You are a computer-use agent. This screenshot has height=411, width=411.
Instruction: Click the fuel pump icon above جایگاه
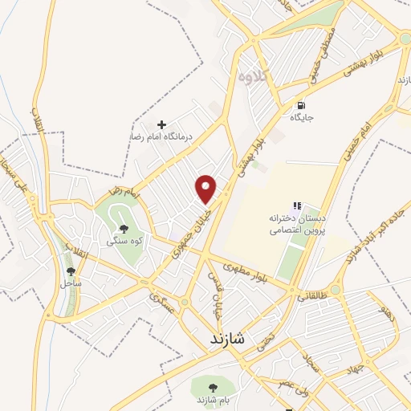[x=301, y=104]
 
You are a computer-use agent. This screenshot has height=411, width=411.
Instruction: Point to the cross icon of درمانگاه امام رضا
[x=162, y=124]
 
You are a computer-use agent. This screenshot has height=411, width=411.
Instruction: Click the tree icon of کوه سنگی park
[x=123, y=229]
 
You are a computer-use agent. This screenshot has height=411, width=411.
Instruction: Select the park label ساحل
[x=70, y=283]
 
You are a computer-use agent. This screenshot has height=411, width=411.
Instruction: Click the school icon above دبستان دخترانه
[x=297, y=206]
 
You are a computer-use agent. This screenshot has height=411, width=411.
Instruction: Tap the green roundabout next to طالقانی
[x=336, y=289]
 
